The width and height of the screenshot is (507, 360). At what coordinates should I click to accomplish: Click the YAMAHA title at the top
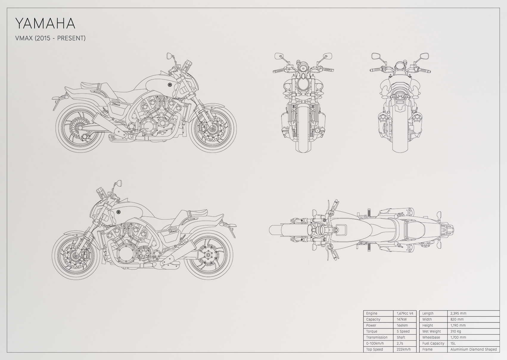[x=45, y=24]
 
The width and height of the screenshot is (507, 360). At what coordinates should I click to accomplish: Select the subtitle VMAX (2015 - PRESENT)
[x=50, y=38]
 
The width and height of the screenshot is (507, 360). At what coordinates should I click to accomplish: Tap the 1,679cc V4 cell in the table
[x=405, y=313]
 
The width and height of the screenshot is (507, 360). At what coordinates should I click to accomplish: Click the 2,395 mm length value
[x=458, y=313]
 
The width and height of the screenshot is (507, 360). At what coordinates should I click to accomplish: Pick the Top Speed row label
[x=375, y=349]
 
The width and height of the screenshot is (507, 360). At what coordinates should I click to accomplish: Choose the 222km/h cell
[x=404, y=349]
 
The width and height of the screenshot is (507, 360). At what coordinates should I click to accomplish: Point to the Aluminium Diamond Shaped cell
[x=474, y=349]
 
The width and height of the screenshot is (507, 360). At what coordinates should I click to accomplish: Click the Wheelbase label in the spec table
[x=431, y=337]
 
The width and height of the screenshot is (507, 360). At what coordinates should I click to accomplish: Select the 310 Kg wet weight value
[x=456, y=331]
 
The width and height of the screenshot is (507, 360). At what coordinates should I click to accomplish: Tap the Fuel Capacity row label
[x=433, y=343]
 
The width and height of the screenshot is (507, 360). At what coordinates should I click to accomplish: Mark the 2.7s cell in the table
[x=400, y=343]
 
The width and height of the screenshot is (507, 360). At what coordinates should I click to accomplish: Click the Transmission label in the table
[x=377, y=337]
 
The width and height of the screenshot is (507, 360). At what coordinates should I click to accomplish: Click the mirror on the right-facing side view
[x=169, y=56]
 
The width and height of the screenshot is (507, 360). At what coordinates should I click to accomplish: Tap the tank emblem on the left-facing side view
[x=118, y=212]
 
